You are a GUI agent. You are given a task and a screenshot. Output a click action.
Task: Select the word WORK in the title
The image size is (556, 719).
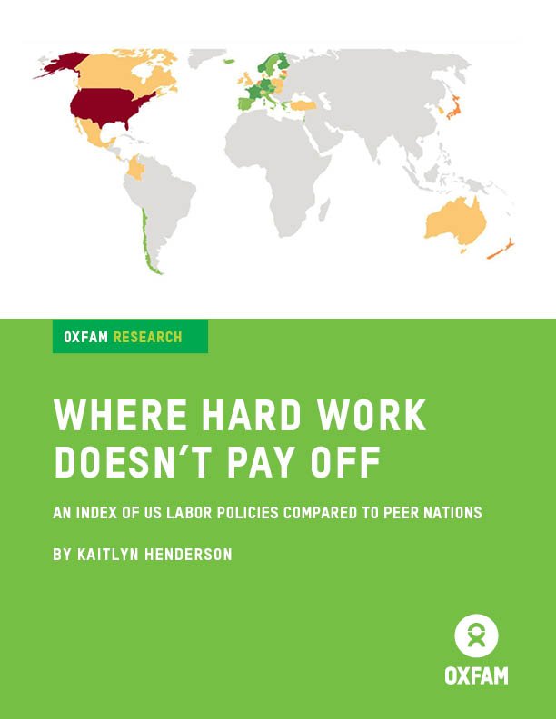[x=368, y=416]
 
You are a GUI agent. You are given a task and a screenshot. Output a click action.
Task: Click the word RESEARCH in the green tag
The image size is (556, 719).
[x=147, y=337]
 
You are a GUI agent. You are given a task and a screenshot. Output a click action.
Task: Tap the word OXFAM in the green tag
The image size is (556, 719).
[x=86, y=337]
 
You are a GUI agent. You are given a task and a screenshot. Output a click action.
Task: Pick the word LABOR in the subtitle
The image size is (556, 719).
[x=189, y=513]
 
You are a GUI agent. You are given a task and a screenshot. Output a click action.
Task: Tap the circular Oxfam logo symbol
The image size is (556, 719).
[x=476, y=635]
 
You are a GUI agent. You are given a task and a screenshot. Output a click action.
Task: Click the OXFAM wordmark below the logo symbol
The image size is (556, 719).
[x=476, y=676]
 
